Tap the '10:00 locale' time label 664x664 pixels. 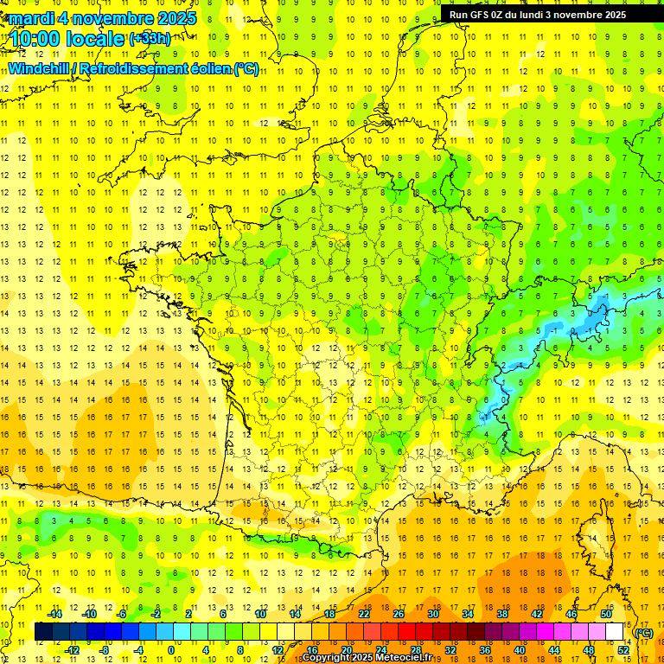(x=67, y=39)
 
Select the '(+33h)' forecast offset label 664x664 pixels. (x=150, y=39)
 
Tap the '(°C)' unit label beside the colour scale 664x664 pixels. (x=644, y=632)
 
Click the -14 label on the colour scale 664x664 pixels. (x=56, y=614)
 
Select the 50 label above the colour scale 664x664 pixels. (x=605, y=614)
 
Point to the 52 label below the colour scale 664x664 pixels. (x=623, y=649)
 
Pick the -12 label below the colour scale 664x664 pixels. (x=73, y=649)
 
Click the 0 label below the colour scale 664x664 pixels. (x=171, y=649)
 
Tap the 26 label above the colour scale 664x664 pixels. (x=399, y=614)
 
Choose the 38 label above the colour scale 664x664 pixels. (x=501, y=614)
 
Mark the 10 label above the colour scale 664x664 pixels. (x=260, y=614)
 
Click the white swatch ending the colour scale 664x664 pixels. (x=614, y=632)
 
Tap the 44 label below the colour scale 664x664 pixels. (x=553, y=649)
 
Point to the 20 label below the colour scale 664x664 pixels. (x=347, y=649)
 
